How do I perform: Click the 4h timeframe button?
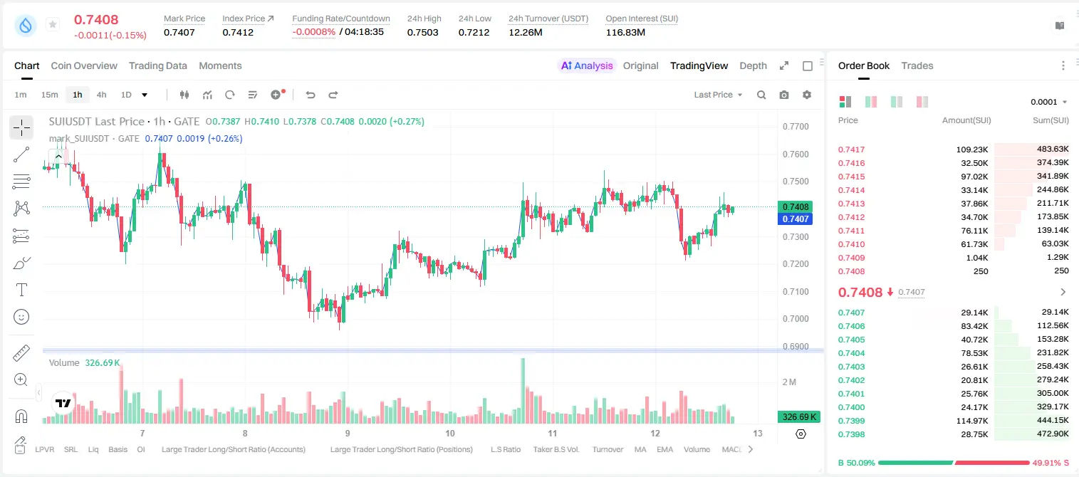101,95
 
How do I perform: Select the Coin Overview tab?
84,65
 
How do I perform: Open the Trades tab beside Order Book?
917,65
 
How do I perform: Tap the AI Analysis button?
587,65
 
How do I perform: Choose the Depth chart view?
753,65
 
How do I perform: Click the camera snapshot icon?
784,95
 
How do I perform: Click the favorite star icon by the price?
53,24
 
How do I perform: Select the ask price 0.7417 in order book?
851,150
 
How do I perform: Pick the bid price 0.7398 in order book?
851,434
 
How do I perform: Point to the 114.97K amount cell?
971,421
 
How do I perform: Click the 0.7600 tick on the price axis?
796,154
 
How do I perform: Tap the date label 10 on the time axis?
450,433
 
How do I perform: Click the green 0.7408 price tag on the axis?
796,207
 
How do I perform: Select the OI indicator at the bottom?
140,449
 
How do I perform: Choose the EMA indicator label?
664,449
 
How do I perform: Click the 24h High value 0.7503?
422,32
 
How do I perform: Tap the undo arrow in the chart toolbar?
311,95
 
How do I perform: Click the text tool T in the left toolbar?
21,290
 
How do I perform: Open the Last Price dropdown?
718,95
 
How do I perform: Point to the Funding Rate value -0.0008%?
313,32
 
